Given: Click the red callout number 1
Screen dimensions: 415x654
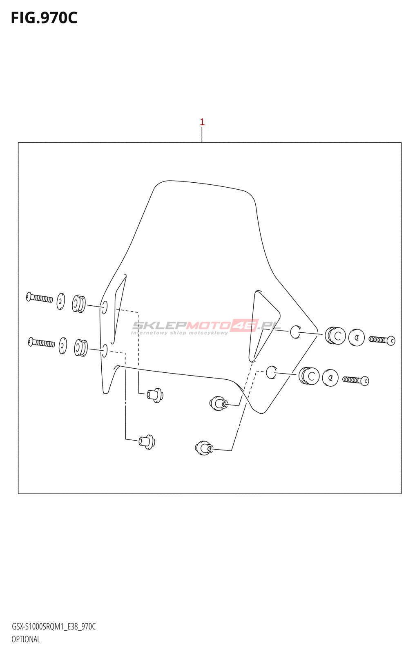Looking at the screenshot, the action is pyautogui.click(x=202, y=122).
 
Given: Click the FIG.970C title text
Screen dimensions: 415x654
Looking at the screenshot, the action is pyautogui.click(x=44, y=18).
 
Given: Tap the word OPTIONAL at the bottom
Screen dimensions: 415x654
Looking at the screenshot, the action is pyautogui.click(x=26, y=639).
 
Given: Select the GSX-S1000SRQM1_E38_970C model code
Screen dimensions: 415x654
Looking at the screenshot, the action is pyautogui.click(x=54, y=627).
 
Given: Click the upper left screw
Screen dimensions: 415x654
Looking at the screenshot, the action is pyautogui.click(x=40, y=298).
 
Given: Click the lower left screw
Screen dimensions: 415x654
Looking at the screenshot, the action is pyautogui.click(x=41, y=342).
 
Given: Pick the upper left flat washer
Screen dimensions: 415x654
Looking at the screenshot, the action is pyautogui.click(x=61, y=301).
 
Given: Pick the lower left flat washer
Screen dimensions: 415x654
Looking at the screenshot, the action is pyautogui.click(x=63, y=345).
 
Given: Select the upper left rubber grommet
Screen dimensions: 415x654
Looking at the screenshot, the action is pyautogui.click(x=79, y=304).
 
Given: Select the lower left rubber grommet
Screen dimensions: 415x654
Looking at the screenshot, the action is pyautogui.click(x=81, y=347).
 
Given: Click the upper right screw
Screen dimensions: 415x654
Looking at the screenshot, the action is pyautogui.click(x=382, y=340).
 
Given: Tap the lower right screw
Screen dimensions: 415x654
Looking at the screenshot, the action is pyautogui.click(x=356, y=380).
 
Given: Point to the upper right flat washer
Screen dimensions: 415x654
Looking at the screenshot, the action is pyautogui.click(x=356, y=337).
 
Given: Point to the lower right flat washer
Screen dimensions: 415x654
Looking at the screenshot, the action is pyautogui.click(x=330, y=377).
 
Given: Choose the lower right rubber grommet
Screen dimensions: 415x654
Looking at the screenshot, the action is pyautogui.click(x=309, y=376).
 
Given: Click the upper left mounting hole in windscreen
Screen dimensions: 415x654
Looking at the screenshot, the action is pyautogui.click(x=104, y=307).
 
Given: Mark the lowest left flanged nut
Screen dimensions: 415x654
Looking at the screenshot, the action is pyautogui.click(x=146, y=441).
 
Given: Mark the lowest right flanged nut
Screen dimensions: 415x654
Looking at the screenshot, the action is pyautogui.click(x=204, y=448).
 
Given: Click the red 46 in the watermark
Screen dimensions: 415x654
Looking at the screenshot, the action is pyautogui.click(x=244, y=325).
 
